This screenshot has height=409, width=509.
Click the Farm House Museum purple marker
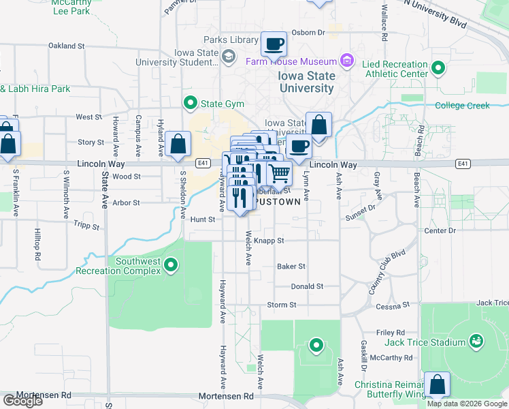pos(347,61)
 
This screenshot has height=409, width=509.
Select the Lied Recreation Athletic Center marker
pos(438,68)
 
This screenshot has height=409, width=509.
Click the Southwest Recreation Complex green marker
pos(171,264)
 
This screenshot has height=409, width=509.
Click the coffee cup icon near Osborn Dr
pos(274,44)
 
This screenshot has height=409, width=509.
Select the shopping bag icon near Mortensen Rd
pos(436,384)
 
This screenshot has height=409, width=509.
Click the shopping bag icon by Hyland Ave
pos(178,144)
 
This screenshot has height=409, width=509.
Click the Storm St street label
pos(282,305)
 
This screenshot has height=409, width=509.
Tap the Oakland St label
pos(66,46)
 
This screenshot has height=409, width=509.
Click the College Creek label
pos(462,106)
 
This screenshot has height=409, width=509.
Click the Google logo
pos(22,401)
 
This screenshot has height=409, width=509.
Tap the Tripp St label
pos(86,225)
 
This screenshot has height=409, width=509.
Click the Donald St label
pos(307,287)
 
